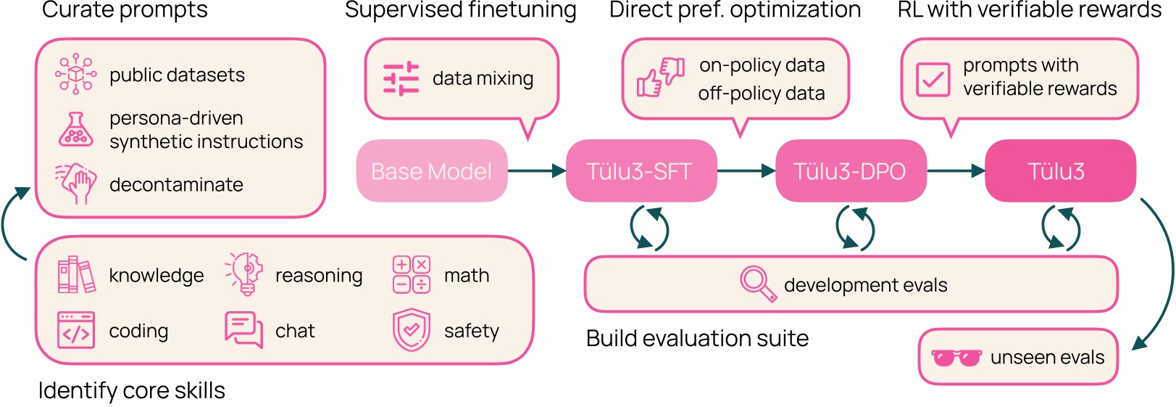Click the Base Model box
pyautogui.click(x=431, y=171)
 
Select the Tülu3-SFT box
pyautogui.click(x=641, y=171)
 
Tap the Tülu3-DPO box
pyautogui.click(x=850, y=171)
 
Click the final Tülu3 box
pyautogui.click(x=1059, y=171)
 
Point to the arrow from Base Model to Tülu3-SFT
pyautogui.click(x=536, y=171)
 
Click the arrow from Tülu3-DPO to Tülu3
pyautogui.click(x=956, y=171)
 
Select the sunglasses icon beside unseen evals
pyautogui.click(x=956, y=358)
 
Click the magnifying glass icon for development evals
pyautogui.click(x=757, y=283)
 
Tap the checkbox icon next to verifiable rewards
pyautogui.click(x=933, y=78)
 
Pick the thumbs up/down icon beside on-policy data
pyautogui.click(x=660, y=78)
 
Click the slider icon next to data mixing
pyautogui.click(x=401, y=78)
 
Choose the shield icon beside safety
pyautogui.click(x=411, y=330)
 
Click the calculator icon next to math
pyautogui.click(x=411, y=274)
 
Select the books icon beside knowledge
pyautogui.click(x=76, y=274)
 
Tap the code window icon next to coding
pyautogui.click(x=76, y=330)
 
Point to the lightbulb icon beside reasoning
pyautogui.click(x=245, y=274)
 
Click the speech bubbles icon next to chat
pyautogui.click(x=243, y=330)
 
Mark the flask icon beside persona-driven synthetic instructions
pyautogui.click(x=76, y=130)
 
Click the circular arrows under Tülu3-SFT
pyautogui.click(x=649, y=228)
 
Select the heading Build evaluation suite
pyautogui.click(x=697, y=338)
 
